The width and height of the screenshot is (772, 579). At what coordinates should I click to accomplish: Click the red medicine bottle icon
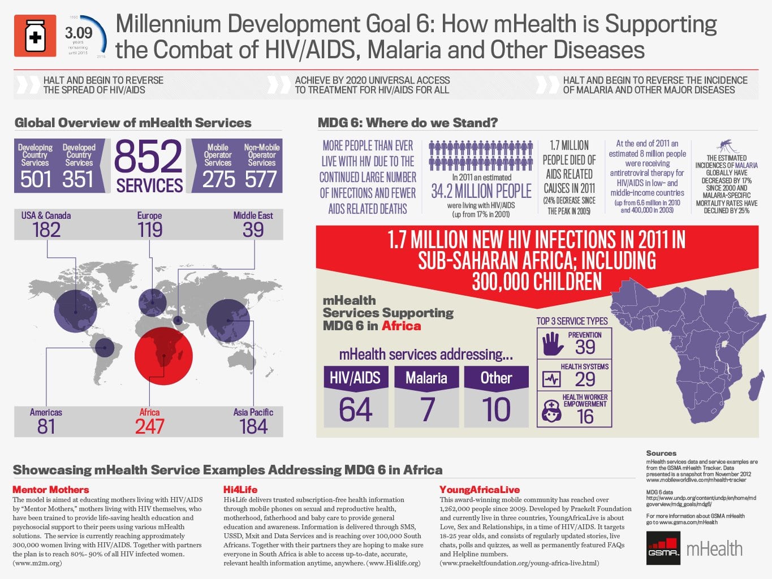point(35,36)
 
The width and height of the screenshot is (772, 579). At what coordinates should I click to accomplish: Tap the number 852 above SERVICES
point(149,157)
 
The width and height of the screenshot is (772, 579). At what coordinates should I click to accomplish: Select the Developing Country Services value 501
point(36,179)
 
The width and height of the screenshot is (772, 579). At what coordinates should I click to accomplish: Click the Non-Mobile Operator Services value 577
point(261,179)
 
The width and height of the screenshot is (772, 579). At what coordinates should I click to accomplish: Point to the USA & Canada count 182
point(46,230)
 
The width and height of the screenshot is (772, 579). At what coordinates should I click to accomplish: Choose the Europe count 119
point(150,230)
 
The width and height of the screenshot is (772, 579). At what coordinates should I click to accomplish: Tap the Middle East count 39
point(253,230)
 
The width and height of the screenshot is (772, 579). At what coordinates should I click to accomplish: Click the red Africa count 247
point(149,426)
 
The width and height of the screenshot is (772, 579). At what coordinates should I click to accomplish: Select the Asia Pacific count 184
point(253,426)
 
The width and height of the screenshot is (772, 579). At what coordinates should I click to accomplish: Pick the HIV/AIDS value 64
point(355,410)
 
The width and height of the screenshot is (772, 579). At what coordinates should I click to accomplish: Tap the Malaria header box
point(426,378)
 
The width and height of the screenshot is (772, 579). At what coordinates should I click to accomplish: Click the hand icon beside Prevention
point(553,344)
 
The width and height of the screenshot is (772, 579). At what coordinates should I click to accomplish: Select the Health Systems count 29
point(585,379)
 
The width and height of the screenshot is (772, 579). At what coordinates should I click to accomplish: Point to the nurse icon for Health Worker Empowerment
point(551,411)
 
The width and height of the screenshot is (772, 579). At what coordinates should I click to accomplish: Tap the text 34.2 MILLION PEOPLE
point(481,192)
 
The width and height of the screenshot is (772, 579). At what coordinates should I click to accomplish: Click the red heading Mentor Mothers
point(51,490)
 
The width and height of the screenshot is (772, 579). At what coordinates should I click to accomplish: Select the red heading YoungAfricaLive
point(480,490)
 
